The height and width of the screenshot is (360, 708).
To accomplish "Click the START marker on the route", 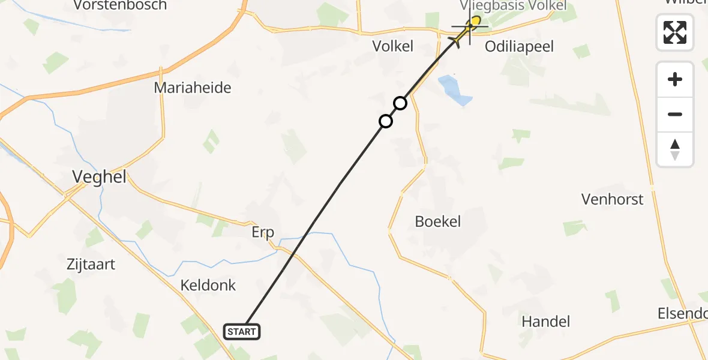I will (x=242, y=331).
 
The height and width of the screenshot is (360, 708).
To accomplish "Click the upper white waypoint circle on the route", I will (x=400, y=103).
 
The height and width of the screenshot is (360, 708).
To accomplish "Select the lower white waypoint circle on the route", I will (x=386, y=121).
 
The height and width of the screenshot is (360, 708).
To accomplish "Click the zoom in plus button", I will (x=675, y=79).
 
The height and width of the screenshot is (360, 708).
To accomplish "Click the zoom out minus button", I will (x=675, y=114).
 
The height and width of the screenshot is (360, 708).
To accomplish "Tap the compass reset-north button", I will (x=675, y=149).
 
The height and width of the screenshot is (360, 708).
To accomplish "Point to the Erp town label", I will (x=263, y=232).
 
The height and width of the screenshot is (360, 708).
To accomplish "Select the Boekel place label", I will (x=438, y=221).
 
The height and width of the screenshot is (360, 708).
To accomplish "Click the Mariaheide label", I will (x=193, y=88).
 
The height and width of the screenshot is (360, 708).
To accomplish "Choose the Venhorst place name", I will (x=612, y=199).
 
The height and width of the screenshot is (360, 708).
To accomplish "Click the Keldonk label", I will (x=208, y=285).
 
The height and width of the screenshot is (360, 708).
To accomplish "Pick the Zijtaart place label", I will (x=92, y=264).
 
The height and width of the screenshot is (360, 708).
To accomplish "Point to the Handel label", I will (x=545, y=321).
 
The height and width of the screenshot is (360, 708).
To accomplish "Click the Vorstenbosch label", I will (x=120, y=5).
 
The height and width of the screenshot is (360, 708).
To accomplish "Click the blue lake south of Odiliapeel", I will (x=454, y=90).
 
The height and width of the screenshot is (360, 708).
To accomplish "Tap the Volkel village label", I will (x=393, y=46).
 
